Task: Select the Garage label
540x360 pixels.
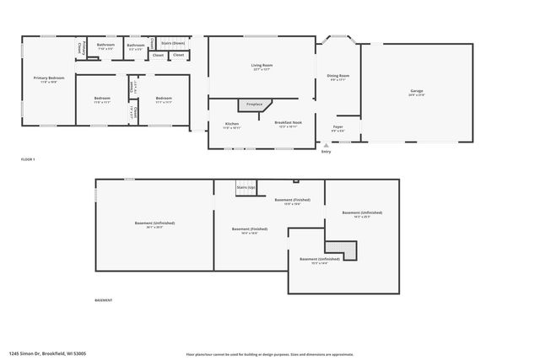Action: tap(417, 90)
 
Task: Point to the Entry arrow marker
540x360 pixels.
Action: tap(326, 145)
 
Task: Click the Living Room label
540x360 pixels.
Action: tap(262, 65)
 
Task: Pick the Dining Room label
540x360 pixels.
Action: tap(338, 76)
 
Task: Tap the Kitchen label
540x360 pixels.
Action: tap(231, 124)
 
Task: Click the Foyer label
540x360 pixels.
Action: tap(337, 127)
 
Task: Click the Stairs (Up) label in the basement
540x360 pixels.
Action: tap(246, 186)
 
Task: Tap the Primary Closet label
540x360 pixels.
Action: tap(81, 48)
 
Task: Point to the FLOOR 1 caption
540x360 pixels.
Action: tap(28, 159)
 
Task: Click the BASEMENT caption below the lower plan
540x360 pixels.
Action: tap(103, 300)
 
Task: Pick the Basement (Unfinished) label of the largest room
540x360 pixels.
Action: tap(154, 223)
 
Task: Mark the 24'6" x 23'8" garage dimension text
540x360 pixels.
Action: tap(417, 95)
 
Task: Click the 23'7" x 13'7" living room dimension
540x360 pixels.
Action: tap(262, 70)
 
